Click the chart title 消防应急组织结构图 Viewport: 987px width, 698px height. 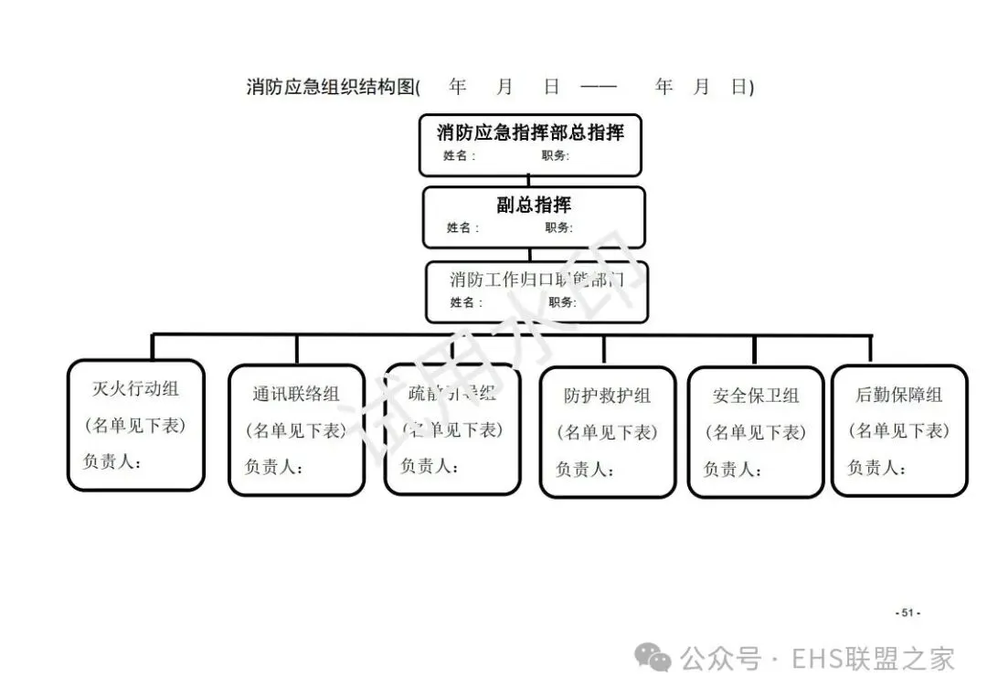[x=332, y=87]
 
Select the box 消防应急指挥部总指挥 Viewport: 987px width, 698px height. [x=530, y=144]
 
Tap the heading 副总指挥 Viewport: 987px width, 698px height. [x=534, y=205]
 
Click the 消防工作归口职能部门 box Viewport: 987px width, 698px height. [x=536, y=291]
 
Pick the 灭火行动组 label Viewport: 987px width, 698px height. [x=136, y=389]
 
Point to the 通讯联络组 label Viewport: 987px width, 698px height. [x=296, y=395]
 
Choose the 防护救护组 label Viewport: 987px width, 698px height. [x=608, y=396]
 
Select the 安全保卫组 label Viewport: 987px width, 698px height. [x=756, y=396]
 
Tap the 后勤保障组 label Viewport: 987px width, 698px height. [x=898, y=395]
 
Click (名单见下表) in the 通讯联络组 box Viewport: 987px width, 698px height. [x=296, y=431]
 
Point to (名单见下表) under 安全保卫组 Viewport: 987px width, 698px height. [x=756, y=432]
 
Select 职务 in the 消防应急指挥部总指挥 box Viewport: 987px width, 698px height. [x=555, y=156]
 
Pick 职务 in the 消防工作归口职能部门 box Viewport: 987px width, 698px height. [x=562, y=303]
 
